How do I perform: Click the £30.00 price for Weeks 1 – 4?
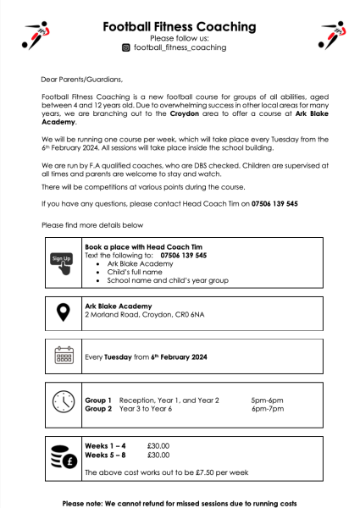click(x=158, y=444)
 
